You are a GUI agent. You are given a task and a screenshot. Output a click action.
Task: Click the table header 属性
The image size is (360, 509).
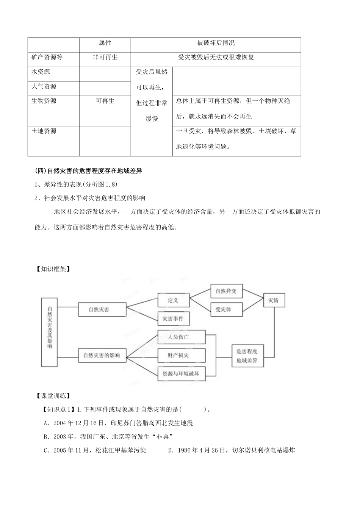(105, 43)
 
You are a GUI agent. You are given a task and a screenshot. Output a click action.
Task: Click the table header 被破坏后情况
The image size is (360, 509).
(216, 43)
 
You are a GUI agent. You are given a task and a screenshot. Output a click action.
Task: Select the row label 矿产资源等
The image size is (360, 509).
(47, 57)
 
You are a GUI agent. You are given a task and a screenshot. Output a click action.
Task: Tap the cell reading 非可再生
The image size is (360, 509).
(105, 57)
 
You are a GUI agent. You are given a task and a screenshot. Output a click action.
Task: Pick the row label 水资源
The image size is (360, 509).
(41, 72)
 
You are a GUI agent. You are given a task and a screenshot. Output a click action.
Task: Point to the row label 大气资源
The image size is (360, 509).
(44, 86)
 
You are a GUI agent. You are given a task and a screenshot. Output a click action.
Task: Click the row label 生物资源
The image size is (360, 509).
(44, 101)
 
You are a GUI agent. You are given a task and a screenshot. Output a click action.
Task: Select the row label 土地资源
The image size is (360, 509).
(44, 131)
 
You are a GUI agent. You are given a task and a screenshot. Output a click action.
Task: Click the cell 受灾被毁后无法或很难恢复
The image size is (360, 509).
(216, 57)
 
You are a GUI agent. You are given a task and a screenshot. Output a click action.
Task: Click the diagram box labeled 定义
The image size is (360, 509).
(173, 300)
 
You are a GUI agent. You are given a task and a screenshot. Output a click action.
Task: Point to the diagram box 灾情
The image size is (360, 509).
(274, 300)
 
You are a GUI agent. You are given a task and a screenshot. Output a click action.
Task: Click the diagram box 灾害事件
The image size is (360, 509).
(173, 319)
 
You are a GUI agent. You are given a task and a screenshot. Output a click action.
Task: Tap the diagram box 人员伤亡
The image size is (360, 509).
(181, 337)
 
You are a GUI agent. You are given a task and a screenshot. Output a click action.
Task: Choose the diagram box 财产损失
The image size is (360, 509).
(181, 355)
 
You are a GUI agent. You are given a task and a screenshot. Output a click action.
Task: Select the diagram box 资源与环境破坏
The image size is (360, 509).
(181, 373)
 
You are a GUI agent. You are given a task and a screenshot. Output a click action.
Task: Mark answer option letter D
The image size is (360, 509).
(171, 450)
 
